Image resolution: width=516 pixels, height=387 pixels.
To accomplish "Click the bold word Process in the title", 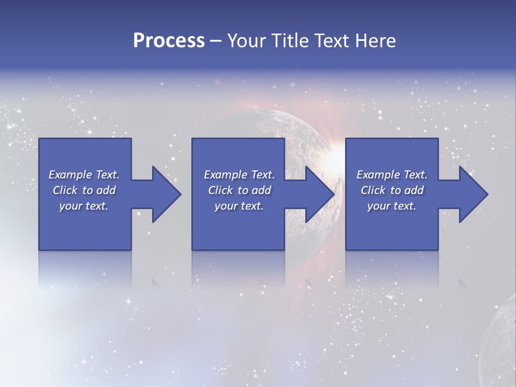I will (x=169, y=41).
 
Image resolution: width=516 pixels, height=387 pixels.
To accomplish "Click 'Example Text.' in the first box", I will (x=84, y=175).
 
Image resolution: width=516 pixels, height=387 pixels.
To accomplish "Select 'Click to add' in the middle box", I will (x=239, y=190).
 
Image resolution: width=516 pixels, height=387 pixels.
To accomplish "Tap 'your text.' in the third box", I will (x=392, y=206).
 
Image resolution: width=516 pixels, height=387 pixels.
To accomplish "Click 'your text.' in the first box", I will (x=84, y=206).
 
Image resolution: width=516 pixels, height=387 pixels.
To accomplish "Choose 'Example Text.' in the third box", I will (x=392, y=175).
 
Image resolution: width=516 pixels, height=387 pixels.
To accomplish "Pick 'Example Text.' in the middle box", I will (x=239, y=175).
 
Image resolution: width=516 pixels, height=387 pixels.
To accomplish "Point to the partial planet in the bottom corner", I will (x=500, y=344).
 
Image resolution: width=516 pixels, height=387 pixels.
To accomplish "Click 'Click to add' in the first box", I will (x=84, y=190).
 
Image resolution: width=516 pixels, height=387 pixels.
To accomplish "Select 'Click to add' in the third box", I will (x=392, y=190).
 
